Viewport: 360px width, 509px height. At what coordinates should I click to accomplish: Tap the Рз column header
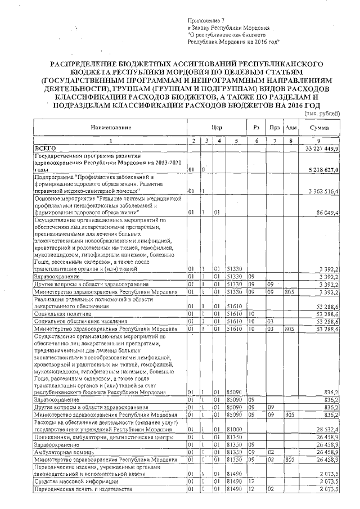pos(256,128)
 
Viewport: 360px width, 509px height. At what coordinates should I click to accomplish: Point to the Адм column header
pos(291,128)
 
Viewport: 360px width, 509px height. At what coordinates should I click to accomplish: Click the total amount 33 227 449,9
pos(322,147)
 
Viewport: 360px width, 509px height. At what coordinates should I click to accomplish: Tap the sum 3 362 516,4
pos(324,191)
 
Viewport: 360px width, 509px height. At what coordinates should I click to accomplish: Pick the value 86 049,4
pos(327,213)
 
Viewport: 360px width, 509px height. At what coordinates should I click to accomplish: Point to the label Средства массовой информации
pos(76,482)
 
